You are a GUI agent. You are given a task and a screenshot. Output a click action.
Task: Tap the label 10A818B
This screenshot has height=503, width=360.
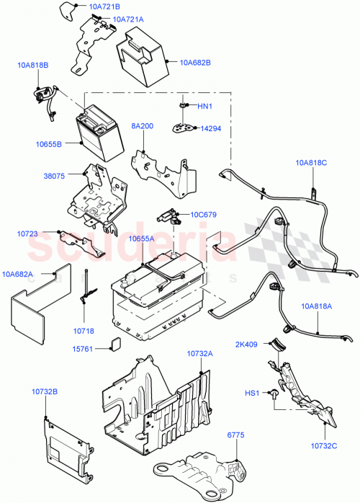click(33, 66)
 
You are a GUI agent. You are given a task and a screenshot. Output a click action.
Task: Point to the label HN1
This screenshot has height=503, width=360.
click(206, 107)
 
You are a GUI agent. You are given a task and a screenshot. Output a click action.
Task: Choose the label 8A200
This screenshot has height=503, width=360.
click(143, 125)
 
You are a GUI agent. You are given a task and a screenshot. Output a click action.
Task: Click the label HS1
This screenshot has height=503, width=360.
click(252, 393)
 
